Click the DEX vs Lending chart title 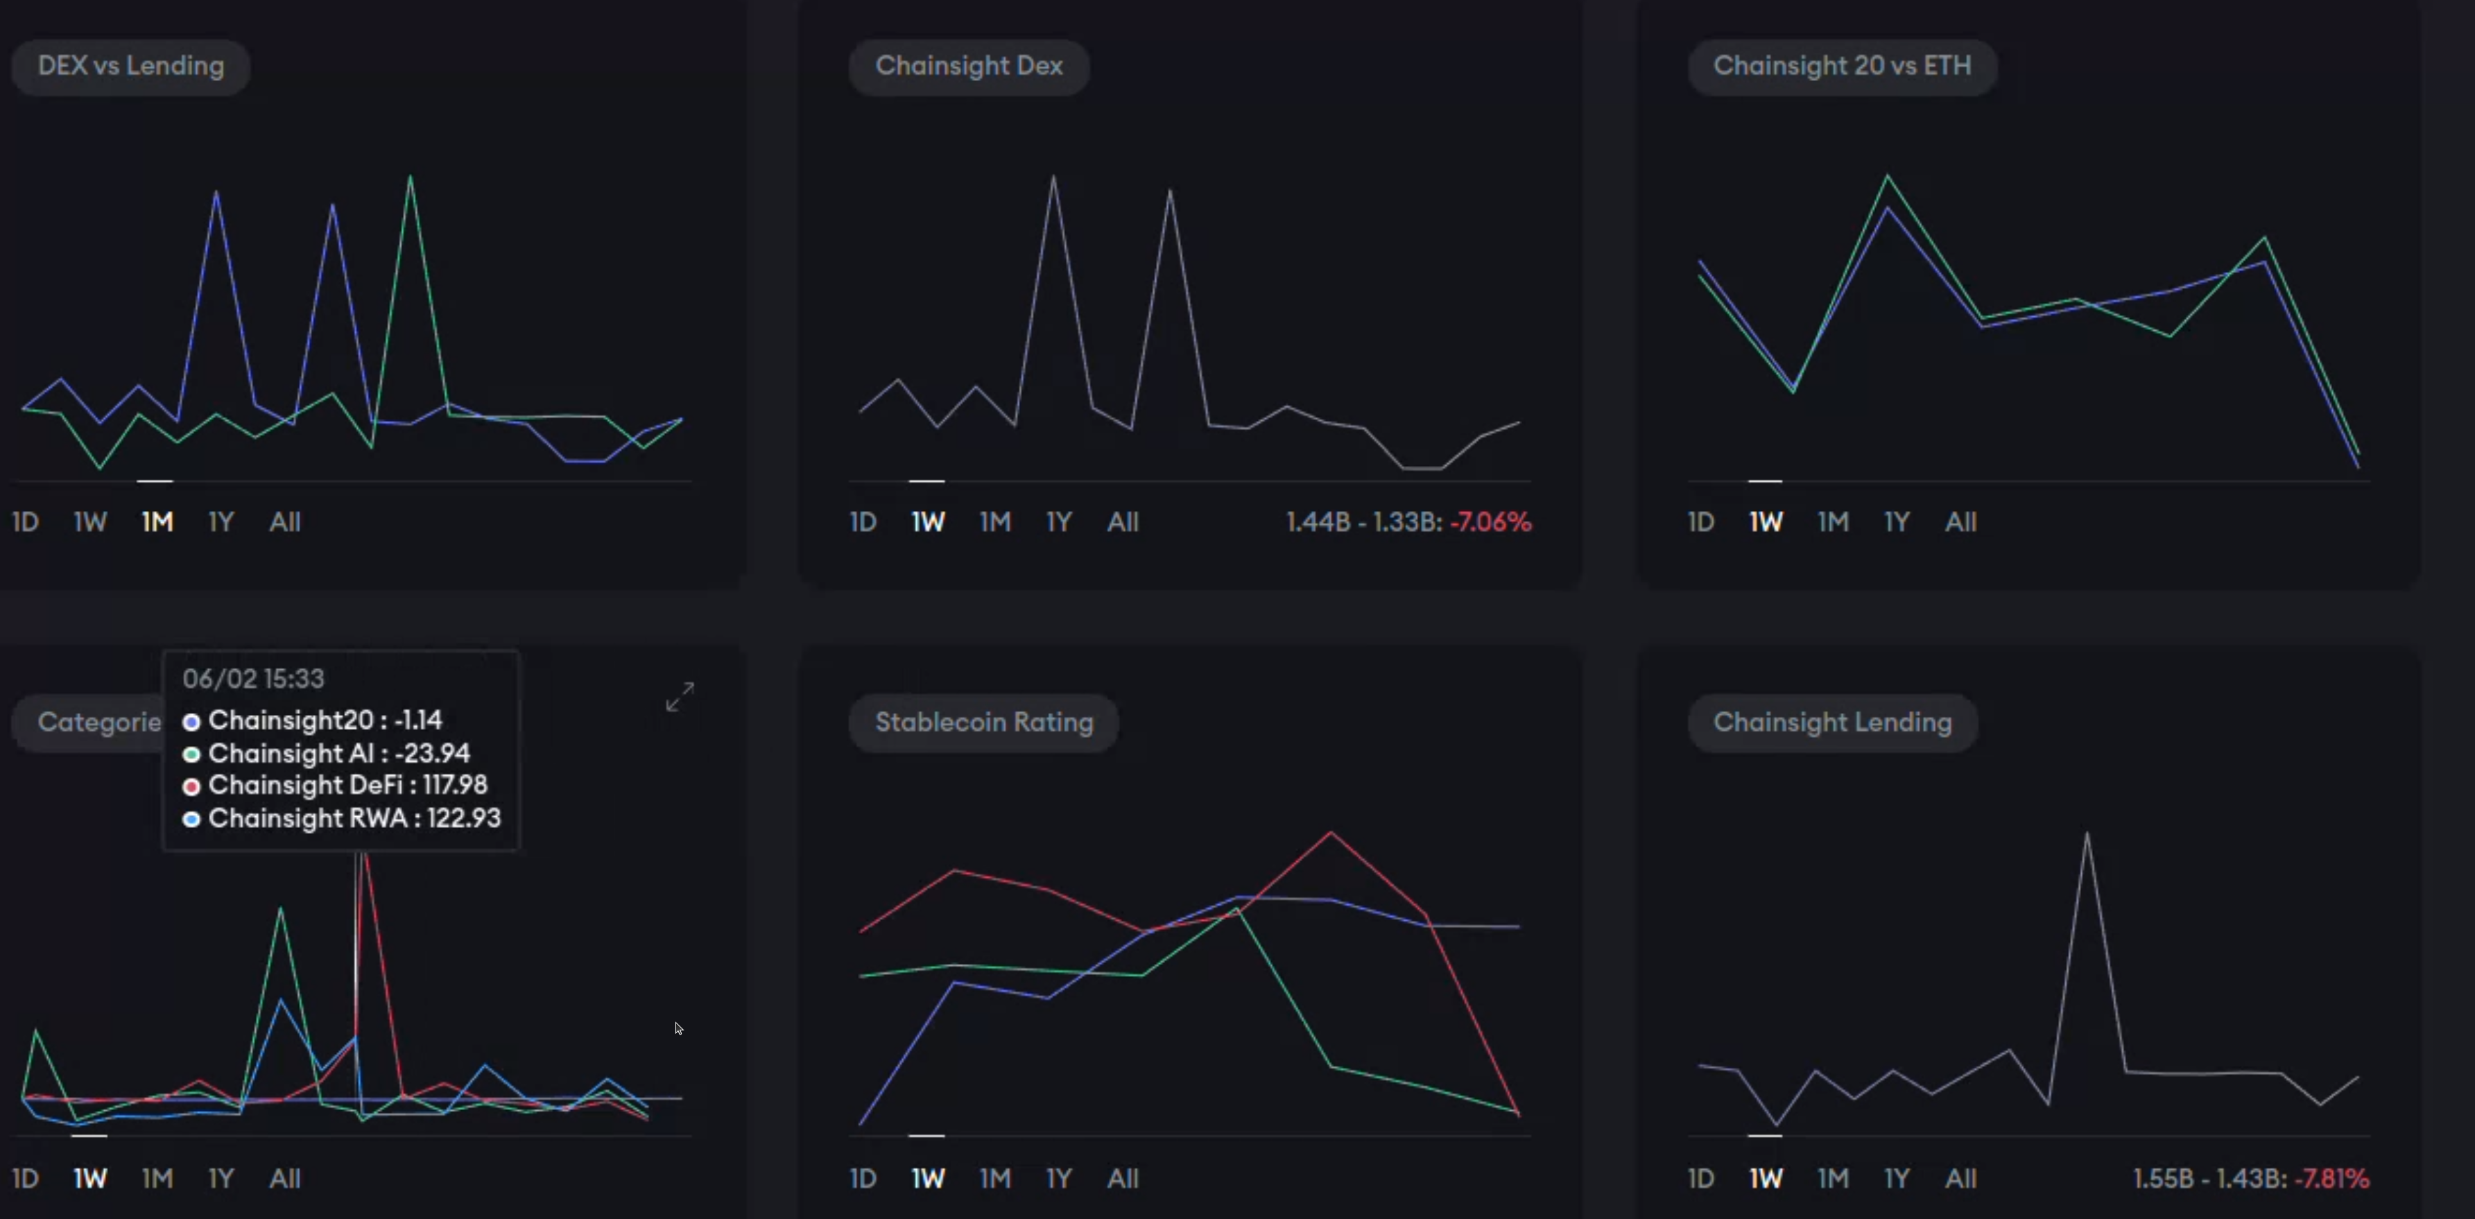click(x=130, y=67)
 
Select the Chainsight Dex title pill click(x=969, y=67)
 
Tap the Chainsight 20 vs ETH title click(x=1842, y=67)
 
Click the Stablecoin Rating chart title click(x=984, y=723)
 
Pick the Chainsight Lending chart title click(x=1832, y=723)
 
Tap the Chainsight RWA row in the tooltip click(x=354, y=818)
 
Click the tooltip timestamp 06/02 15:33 click(x=254, y=679)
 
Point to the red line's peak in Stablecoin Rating click(x=1331, y=833)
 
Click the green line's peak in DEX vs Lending click(x=411, y=178)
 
